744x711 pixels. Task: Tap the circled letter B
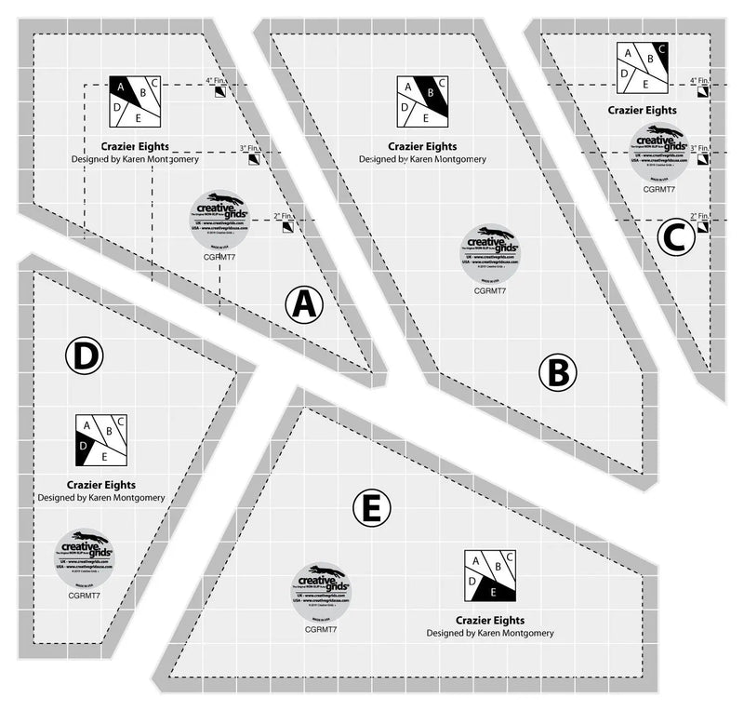click(x=557, y=373)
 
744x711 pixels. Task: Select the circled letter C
click(x=676, y=237)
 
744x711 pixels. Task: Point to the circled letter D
click(x=85, y=355)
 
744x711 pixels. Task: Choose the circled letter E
click(x=372, y=508)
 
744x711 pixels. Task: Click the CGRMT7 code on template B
click(x=489, y=291)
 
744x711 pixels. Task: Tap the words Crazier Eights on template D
click(x=100, y=484)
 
